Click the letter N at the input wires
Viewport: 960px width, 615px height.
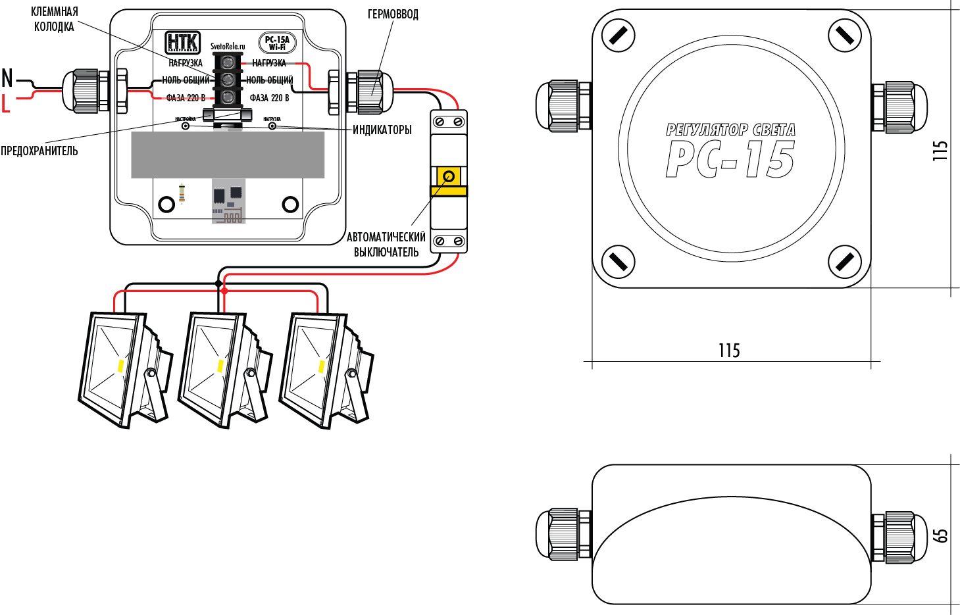tap(7, 78)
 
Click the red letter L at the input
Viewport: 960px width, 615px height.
tap(6, 103)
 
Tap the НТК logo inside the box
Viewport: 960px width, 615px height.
tap(182, 42)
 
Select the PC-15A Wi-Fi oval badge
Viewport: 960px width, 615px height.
tap(277, 43)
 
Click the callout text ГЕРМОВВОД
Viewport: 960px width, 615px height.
tap(393, 14)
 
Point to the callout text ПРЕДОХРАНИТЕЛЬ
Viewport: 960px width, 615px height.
tap(39, 151)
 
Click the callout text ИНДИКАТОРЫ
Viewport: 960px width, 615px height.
tap(382, 130)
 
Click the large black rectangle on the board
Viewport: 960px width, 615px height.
tap(228, 155)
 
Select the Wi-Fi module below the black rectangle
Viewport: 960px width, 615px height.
tap(228, 201)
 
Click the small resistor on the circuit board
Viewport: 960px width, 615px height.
tap(182, 193)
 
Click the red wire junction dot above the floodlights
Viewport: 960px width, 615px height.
tap(224, 290)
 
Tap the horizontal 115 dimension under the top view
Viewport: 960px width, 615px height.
tap(729, 351)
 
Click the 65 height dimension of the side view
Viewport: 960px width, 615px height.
tap(942, 535)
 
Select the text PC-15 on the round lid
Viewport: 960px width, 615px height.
tap(730, 160)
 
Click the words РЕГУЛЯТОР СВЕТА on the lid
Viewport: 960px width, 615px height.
tap(730, 130)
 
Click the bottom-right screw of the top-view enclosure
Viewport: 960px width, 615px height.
tap(844, 262)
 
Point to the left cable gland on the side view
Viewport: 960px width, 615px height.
tap(564, 534)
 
